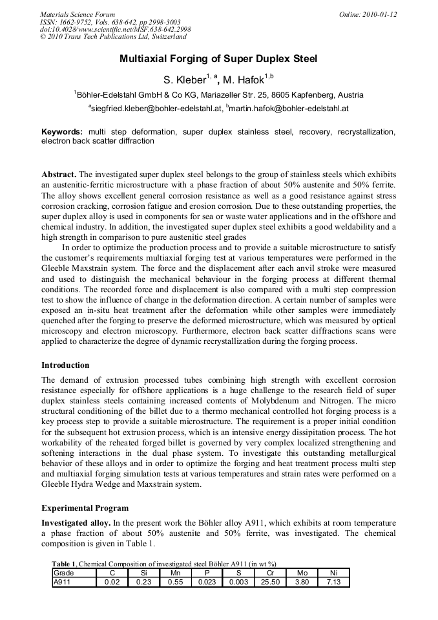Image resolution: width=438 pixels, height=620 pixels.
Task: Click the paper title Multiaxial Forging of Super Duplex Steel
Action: (218, 59)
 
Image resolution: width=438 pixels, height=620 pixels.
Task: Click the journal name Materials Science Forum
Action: (78, 14)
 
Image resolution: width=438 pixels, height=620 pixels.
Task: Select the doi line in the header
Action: (115, 30)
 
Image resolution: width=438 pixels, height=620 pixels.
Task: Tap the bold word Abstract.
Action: (59, 175)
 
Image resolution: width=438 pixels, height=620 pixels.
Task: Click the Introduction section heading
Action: (65, 365)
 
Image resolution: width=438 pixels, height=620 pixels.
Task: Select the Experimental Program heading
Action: (85, 508)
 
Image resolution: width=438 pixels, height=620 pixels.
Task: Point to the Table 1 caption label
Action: (65, 564)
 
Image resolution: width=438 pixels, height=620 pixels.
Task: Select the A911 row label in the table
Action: (63, 582)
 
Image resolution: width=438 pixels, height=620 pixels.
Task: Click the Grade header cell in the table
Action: (64, 573)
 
